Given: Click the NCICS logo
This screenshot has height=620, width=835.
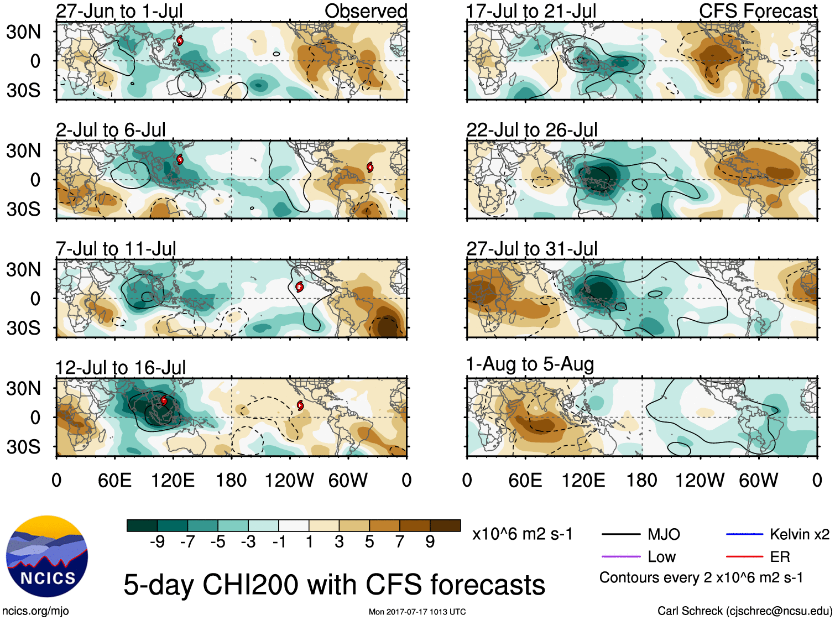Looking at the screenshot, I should (46, 556).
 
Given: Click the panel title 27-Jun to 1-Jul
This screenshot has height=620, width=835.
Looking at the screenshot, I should (119, 11).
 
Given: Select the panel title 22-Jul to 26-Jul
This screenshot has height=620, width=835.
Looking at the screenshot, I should (531, 130).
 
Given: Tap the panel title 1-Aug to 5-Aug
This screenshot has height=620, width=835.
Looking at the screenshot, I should (530, 364).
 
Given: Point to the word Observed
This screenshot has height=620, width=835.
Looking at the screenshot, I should (366, 11).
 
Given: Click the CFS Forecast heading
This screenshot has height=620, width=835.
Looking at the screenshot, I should (758, 11).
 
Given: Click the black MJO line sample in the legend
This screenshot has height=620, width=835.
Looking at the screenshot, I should (620, 534).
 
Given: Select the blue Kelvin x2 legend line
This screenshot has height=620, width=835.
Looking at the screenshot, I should (744, 534).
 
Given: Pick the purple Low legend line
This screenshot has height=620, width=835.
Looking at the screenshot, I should (620, 557).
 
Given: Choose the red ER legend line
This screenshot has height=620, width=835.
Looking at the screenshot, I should (744, 557).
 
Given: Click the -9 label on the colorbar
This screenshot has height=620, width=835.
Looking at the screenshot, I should (157, 542).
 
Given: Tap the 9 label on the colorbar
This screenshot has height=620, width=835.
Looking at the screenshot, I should (430, 542).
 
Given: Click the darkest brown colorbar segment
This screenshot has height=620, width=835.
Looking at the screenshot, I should (445, 525).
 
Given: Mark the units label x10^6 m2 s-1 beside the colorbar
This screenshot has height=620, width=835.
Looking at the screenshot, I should (522, 534).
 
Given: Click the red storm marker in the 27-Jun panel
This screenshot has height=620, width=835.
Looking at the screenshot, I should (180, 40).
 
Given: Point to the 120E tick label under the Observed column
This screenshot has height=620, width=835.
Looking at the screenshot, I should (173, 480).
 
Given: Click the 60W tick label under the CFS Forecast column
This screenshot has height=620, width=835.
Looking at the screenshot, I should (758, 480).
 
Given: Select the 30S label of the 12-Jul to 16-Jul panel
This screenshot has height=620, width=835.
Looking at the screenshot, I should (24, 447).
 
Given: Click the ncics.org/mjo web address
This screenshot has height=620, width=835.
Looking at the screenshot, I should (35, 611).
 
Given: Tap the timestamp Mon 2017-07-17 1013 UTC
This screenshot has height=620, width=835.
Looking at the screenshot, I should (417, 612).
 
